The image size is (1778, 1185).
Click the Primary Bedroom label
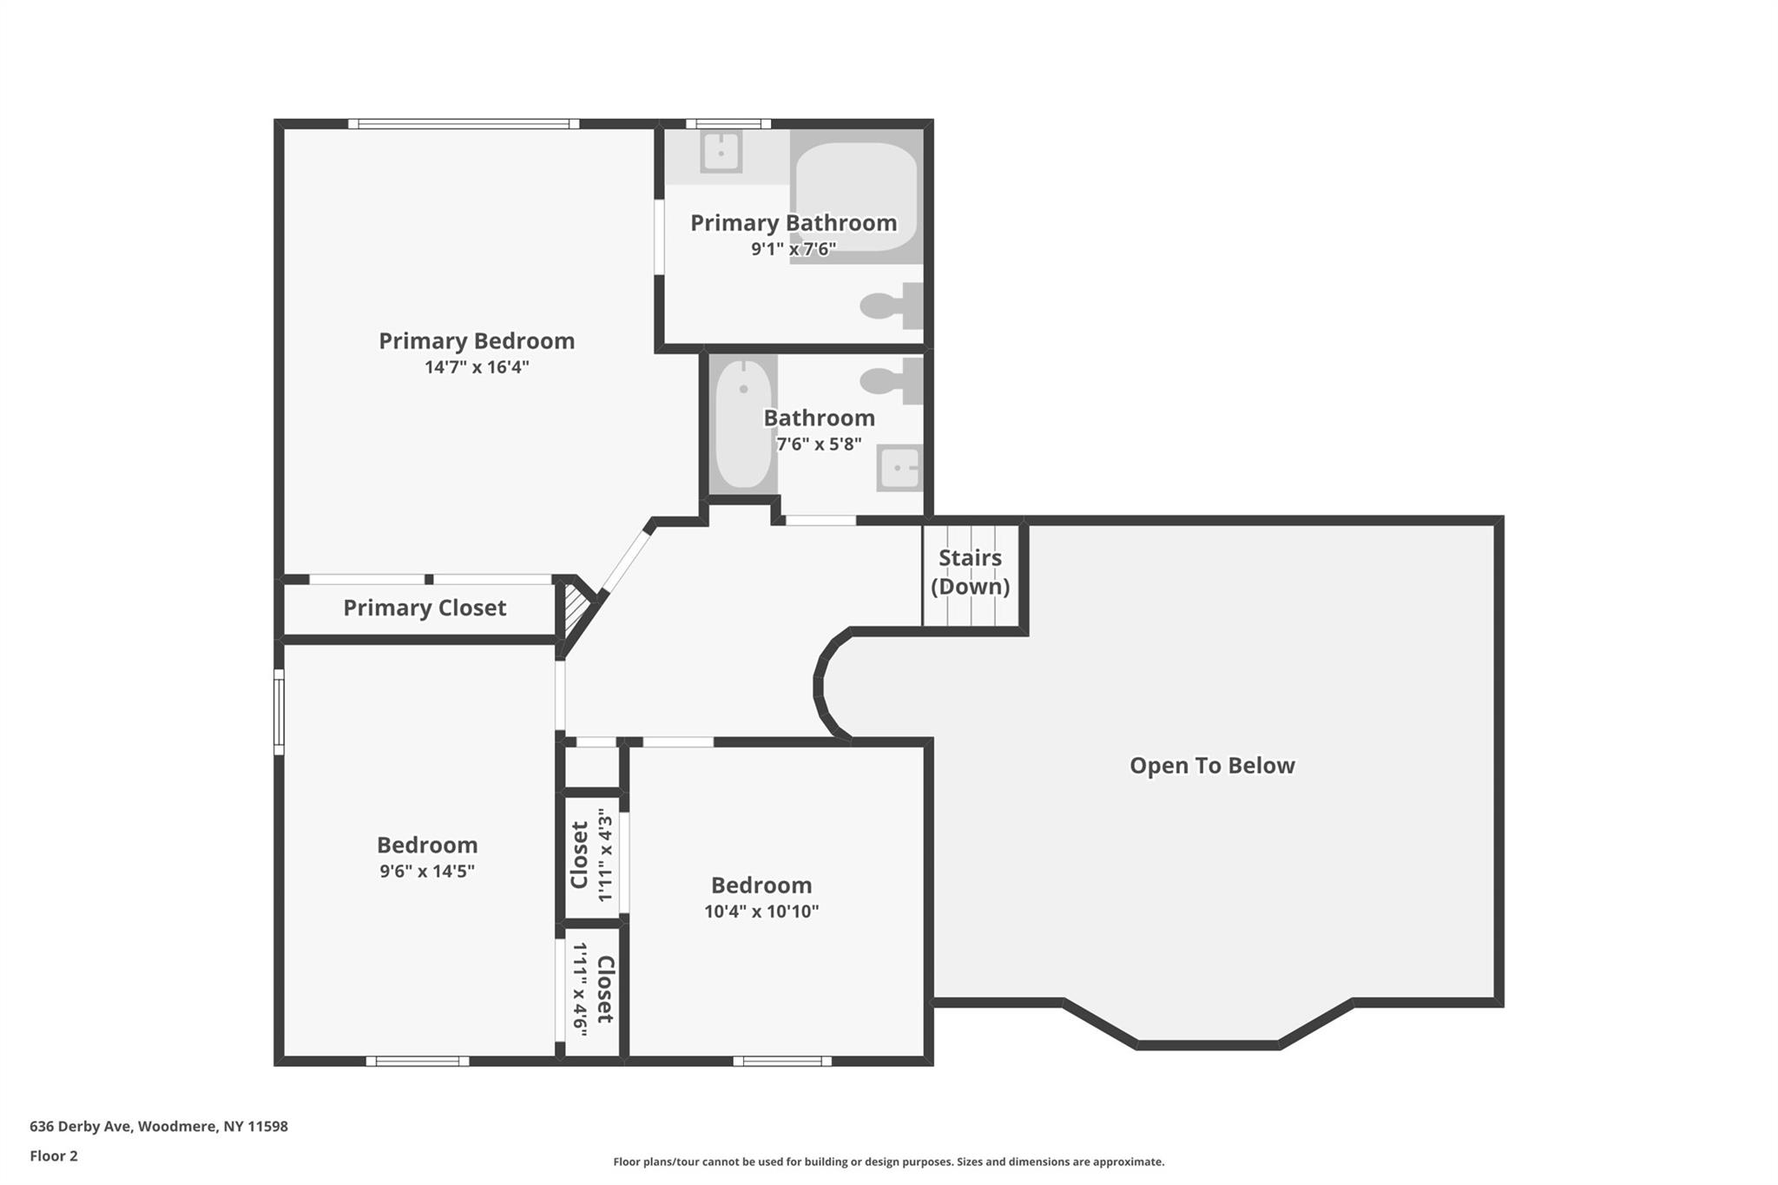(476, 340)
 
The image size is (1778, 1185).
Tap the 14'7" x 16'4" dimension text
(476, 367)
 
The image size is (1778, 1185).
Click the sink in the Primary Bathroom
(721, 152)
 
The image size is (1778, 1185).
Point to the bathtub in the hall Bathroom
(743, 425)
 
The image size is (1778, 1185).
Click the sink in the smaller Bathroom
(899, 469)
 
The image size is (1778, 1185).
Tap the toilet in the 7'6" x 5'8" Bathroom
(892, 380)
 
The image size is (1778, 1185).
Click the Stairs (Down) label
(970, 571)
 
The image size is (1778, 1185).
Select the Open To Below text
(1211, 766)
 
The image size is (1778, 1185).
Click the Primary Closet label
(424, 608)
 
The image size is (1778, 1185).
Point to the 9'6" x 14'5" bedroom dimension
(426, 871)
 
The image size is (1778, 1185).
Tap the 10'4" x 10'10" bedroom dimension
(761, 912)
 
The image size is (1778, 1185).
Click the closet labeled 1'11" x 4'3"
(591, 855)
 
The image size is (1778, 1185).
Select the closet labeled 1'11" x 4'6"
(592, 990)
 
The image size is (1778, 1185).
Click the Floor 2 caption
(54, 1155)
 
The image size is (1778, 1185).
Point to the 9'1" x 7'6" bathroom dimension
(793, 249)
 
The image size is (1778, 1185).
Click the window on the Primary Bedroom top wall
(464, 124)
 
